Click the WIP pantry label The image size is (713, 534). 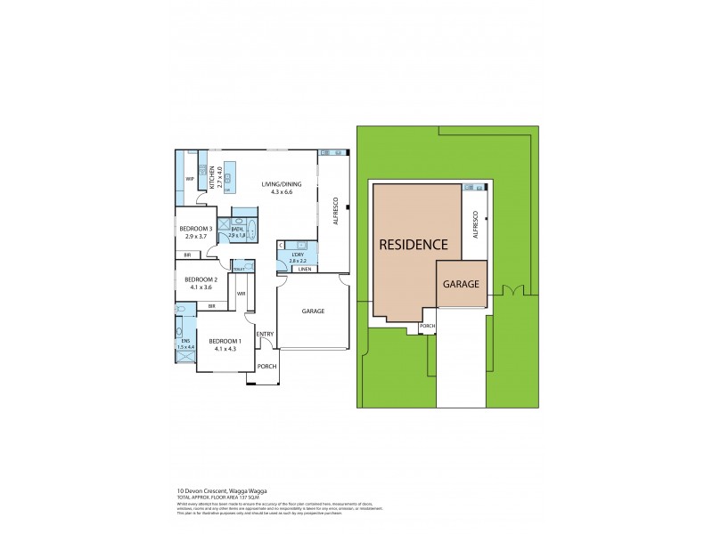pos(190,179)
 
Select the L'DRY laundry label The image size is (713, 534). pos(298,256)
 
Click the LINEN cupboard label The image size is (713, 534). pos(305,269)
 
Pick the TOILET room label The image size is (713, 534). pos(238,269)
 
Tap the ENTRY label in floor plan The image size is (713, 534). pos(265,335)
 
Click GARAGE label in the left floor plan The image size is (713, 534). pos(312,311)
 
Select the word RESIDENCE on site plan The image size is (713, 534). pos(413,244)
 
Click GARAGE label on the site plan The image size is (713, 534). pos(462,285)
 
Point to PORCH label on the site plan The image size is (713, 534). pos(428,326)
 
